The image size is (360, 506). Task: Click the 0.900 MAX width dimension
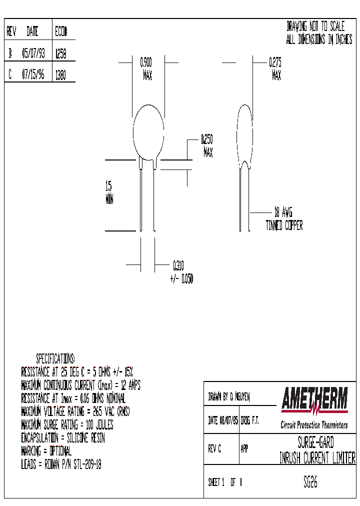tap(147, 69)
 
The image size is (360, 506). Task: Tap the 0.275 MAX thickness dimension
tap(275, 69)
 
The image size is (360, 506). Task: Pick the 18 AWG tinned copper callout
tap(284, 218)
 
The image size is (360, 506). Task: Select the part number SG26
tap(310, 482)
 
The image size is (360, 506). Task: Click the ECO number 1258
tap(60, 53)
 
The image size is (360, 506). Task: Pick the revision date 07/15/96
tap(33, 75)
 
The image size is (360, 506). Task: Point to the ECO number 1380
tap(60, 75)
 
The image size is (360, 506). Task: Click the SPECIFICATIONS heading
tap(55, 358)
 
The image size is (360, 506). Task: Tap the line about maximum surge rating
tap(67, 425)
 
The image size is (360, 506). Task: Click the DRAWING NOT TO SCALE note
tap(315, 26)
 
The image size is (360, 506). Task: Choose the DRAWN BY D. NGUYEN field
tap(228, 397)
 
